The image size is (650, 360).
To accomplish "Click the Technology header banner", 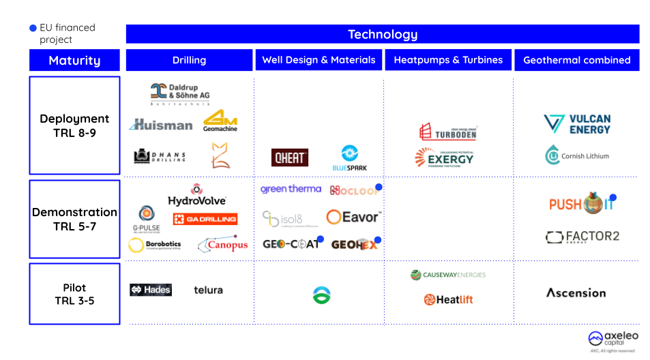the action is click(x=382, y=34).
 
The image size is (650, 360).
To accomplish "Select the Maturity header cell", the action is click(x=74, y=61).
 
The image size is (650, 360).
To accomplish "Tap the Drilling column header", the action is click(x=189, y=60).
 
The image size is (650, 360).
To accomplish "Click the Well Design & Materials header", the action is click(x=319, y=60).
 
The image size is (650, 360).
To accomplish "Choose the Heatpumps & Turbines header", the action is click(x=448, y=60).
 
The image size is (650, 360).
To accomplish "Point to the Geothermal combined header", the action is click(x=576, y=60).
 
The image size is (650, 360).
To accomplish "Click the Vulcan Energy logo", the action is click(x=577, y=124).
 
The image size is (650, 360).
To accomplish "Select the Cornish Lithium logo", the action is click(x=576, y=155).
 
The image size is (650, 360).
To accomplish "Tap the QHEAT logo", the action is click(x=290, y=158).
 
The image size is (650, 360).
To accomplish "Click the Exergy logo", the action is click(x=445, y=159).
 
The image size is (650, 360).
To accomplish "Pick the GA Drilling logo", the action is click(x=205, y=219).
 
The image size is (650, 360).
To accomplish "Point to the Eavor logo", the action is click(x=353, y=217).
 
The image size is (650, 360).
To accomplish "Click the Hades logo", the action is click(x=151, y=290).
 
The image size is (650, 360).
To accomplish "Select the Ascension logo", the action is click(x=576, y=293).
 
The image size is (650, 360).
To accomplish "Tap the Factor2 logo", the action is click(x=582, y=237).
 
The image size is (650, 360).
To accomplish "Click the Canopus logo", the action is click(x=222, y=244).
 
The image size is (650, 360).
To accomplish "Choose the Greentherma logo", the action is click(x=291, y=189).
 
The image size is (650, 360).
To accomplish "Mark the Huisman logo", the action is click(x=161, y=125).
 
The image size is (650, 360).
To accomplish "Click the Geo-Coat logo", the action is click(x=291, y=243).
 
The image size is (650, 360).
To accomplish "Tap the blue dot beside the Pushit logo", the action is click(x=612, y=198).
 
